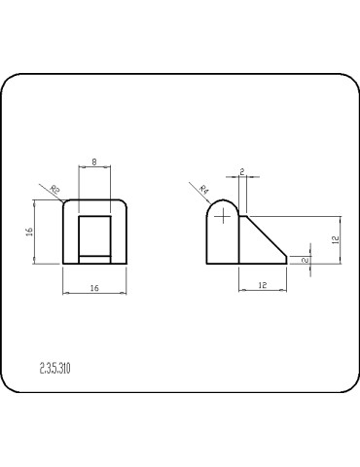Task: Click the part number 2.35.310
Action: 55,368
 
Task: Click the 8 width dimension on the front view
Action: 93,162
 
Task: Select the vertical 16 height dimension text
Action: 30,232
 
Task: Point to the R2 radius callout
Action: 55,189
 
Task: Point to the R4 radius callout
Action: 204,189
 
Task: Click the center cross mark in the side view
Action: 223,215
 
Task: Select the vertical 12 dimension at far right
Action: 334,239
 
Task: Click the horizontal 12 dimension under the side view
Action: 264,284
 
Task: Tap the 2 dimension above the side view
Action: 240,171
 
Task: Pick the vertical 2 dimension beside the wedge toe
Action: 306,259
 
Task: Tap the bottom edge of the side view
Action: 243,264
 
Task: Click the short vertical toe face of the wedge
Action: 289,260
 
